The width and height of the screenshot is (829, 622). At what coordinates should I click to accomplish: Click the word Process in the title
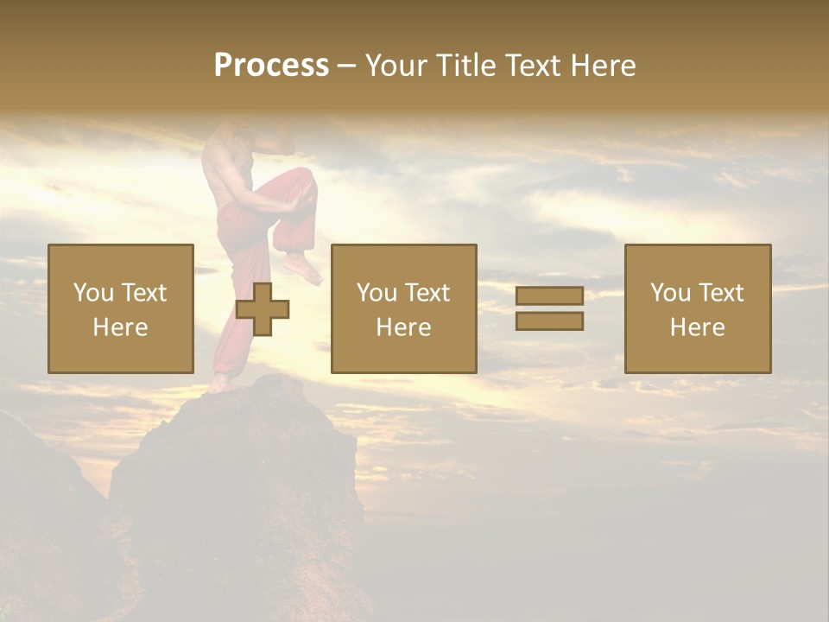(271, 66)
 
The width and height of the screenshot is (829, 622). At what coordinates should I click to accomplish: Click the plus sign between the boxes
(263, 309)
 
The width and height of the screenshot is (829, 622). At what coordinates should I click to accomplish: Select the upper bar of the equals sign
(549, 296)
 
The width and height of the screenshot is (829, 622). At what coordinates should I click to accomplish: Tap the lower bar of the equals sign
(549, 321)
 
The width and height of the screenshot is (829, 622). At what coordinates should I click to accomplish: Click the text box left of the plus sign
(120, 308)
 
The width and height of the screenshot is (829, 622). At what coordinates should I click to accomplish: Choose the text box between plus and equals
(403, 308)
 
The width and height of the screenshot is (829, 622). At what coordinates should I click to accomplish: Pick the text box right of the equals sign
(697, 308)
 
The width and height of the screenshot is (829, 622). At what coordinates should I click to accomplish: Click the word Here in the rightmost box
(697, 327)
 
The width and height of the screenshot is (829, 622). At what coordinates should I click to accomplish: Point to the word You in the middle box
(377, 293)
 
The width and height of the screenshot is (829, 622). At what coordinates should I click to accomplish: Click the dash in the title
(347, 66)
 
